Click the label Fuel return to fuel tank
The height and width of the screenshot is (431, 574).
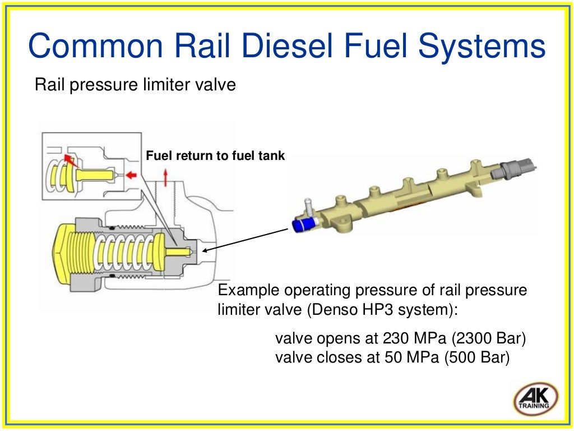click(x=215, y=156)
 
